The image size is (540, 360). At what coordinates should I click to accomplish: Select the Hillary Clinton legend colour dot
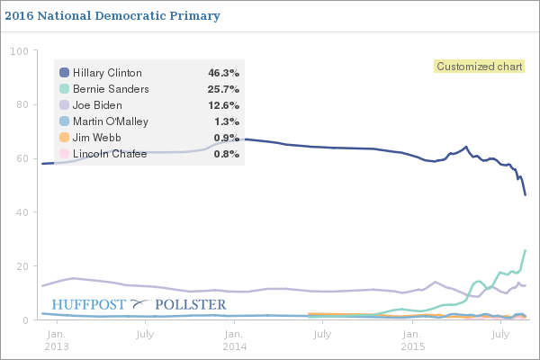pos(64,73)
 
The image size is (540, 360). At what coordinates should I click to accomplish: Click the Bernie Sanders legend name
pos(111,89)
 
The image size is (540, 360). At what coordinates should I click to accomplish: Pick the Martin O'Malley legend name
pos(117,121)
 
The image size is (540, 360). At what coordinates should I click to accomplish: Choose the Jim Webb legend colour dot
pos(64,138)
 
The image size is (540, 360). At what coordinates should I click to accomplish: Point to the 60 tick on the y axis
pos(22,159)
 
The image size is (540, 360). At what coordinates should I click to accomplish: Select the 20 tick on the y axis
pos(22,266)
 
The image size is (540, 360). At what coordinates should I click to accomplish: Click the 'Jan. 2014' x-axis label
pos(234,339)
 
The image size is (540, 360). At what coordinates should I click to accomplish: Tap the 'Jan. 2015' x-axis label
pos(412,339)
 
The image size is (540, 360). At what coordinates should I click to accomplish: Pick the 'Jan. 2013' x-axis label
pos(56,339)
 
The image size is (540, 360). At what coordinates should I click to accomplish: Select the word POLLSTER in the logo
pos(191,304)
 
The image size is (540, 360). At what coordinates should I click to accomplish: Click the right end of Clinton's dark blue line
pos(525,194)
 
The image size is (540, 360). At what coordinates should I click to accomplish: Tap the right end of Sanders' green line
pos(525,250)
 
